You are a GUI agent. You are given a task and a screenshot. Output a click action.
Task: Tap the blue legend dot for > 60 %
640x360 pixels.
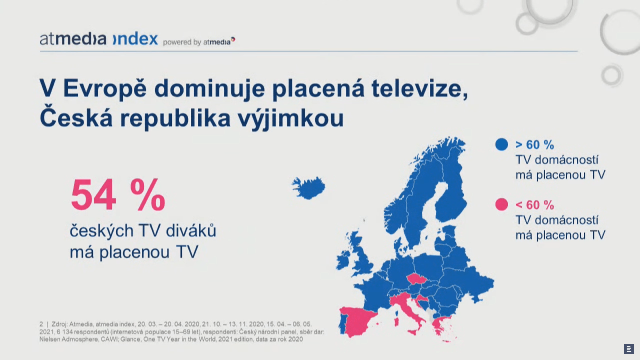501,144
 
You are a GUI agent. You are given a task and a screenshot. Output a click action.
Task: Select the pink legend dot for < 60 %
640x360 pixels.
501,204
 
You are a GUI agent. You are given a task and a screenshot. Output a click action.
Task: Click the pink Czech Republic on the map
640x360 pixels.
417,279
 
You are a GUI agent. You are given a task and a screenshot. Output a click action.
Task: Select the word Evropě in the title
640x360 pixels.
105,88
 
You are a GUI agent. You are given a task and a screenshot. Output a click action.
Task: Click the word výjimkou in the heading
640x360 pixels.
291,118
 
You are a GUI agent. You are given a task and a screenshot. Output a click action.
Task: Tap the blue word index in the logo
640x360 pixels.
136,39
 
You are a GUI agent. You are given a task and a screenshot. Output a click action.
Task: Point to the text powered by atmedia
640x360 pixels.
198,42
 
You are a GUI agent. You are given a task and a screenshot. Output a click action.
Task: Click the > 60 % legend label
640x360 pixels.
535,145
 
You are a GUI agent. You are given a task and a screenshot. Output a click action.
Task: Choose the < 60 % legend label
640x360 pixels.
535,205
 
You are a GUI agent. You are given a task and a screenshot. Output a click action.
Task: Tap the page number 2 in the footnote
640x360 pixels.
41,324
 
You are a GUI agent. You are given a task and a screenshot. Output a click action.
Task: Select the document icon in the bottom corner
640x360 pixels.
629,349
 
